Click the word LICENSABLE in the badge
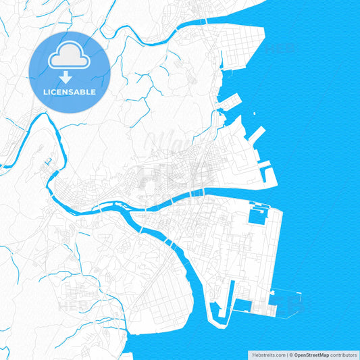click(x=69, y=91)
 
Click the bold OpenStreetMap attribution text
click(x=316, y=355)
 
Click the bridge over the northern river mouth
click(x=203, y=22)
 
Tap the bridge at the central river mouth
click(x=195, y=192)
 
